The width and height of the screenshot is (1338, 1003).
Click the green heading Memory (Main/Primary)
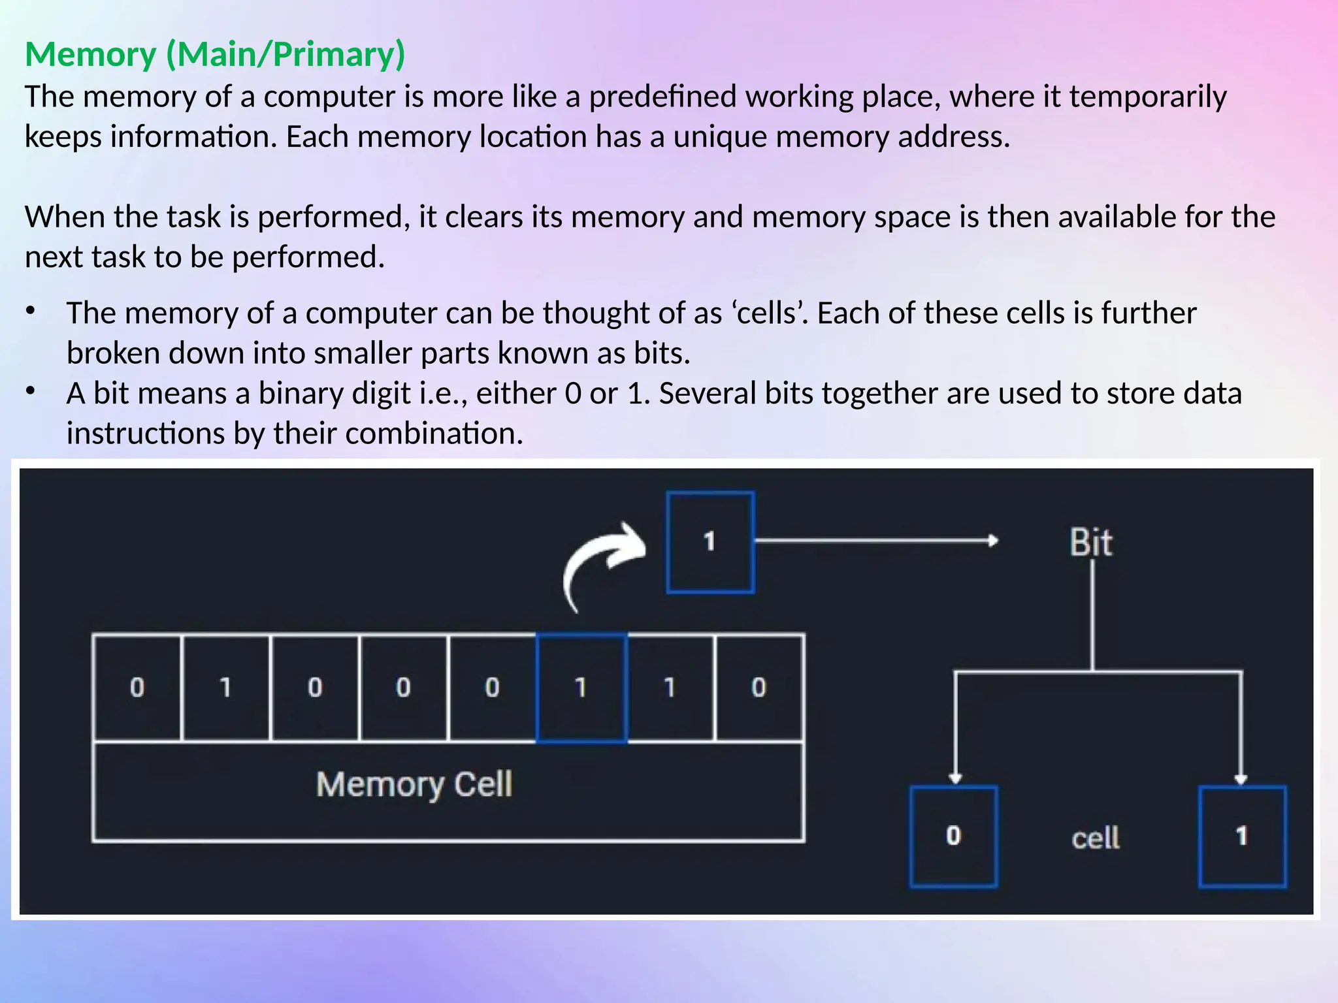point(215,54)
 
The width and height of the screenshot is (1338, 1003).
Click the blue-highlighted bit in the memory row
point(581,688)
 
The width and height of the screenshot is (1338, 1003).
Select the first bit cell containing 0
point(137,688)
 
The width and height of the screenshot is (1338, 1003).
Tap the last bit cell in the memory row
point(759,688)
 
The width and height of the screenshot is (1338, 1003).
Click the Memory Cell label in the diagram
point(414,784)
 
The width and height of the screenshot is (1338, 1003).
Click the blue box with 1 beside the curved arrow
point(710,542)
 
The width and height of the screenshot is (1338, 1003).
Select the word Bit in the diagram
point(1090,543)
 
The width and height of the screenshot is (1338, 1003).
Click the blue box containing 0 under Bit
point(954,836)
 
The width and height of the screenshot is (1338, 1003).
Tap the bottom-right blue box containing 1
point(1242,836)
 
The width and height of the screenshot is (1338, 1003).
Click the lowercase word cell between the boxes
point(1096,838)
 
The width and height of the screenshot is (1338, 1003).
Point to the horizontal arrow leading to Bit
point(875,541)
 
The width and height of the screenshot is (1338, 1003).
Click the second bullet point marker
point(30,391)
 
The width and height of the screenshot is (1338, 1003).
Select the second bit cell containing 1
point(226,688)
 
